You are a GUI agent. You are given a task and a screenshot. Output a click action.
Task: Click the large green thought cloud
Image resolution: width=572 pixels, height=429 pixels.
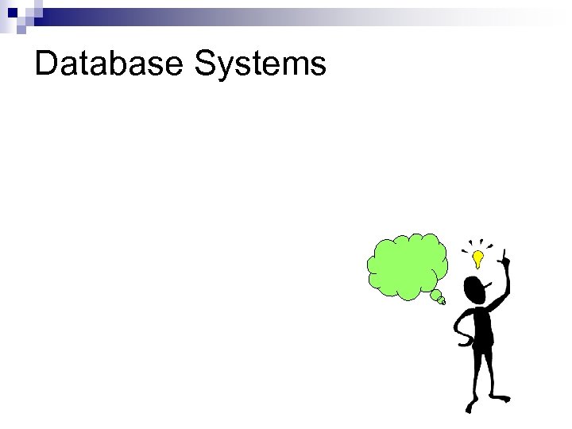406,265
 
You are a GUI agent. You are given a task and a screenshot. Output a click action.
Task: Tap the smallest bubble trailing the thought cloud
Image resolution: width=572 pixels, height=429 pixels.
443,302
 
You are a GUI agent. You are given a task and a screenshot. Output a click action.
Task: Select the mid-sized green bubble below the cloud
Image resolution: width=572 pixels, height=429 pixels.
436,296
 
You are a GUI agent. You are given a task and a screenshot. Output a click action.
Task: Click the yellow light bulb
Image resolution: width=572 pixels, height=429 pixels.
477,258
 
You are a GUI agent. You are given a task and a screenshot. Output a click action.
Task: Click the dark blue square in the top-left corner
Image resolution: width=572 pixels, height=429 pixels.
10,11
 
